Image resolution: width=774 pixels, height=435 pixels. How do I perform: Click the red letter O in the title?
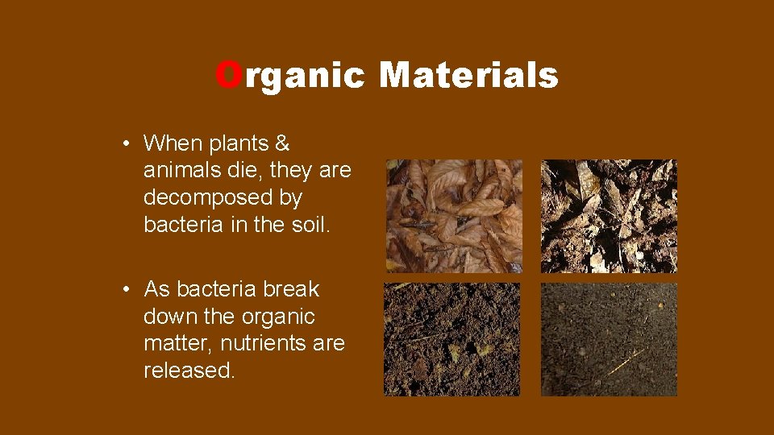[228, 76]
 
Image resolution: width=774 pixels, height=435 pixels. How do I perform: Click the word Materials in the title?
[468, 76]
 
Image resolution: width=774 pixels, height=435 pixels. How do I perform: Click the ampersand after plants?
[281, 144]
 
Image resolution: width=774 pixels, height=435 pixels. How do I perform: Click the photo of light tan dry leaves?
[454, 215]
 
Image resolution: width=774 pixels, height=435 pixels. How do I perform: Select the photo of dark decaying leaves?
[609, 215]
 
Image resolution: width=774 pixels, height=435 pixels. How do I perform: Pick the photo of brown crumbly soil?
[452, 339]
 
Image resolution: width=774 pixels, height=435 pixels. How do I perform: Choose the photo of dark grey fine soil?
[609, 339]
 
